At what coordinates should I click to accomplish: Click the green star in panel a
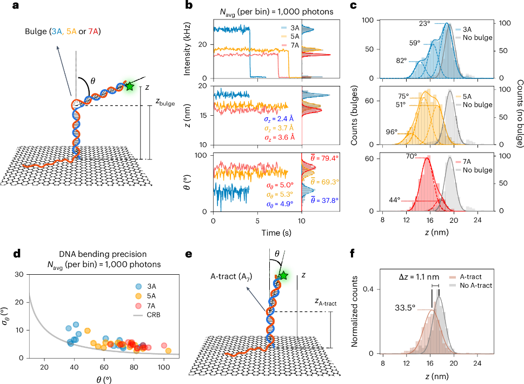(x=129, y=86)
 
